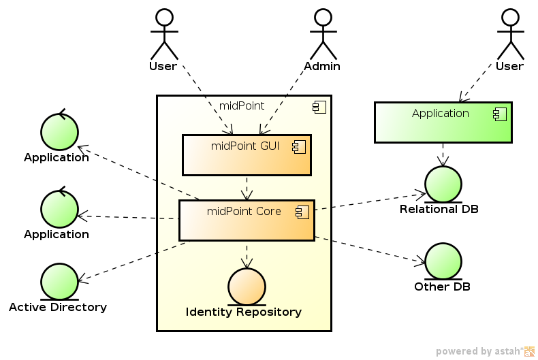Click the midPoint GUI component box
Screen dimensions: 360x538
(247, 155)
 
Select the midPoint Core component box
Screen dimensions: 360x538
(247, 220)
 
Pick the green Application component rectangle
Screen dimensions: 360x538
(443, 123)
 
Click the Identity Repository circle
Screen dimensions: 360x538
(246, 287)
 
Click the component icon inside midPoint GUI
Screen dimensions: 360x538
(298, 146)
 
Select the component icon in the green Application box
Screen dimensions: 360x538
(499, 114)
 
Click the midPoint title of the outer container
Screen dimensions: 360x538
(242, 105)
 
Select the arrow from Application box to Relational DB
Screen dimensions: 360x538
(443, 154)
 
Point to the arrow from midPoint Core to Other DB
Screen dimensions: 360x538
(371, 250)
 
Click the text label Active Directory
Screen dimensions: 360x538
(58, 307)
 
